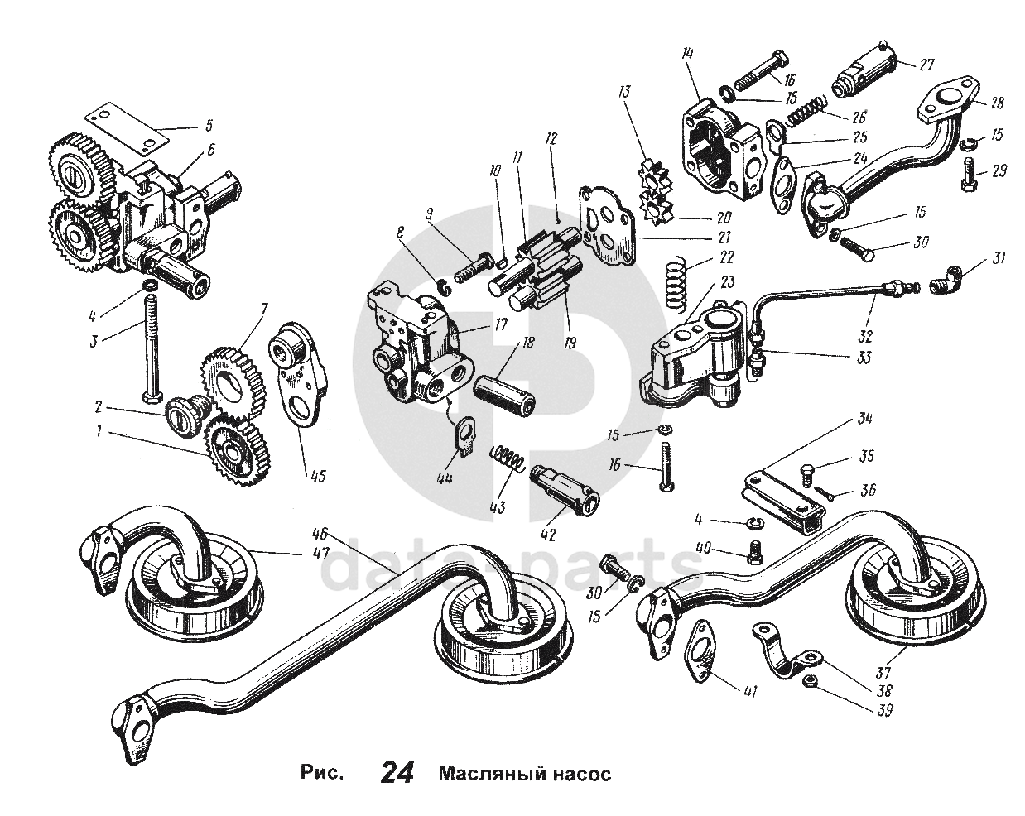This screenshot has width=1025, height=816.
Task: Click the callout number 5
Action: click(x=209, y=127)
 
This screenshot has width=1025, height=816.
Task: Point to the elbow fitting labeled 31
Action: click(x=956, y=279)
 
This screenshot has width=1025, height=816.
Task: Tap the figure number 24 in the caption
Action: click(x=397, y=773)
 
